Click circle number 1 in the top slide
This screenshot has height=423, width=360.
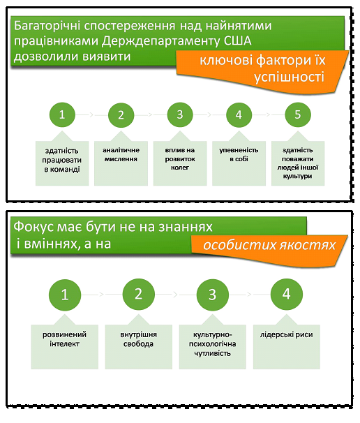point(62,114)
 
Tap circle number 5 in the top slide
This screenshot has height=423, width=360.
point(298,114)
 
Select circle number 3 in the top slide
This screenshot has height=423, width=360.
point(180,114)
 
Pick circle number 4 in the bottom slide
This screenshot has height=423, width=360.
point(285,295)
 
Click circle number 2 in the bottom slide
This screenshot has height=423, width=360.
point(138,295)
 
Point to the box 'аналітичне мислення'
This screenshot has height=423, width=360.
point(121,161)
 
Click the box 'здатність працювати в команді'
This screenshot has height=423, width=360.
point(62,161)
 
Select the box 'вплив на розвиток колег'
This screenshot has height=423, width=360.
point(180,161)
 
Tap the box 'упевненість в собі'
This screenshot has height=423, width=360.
point(239,161)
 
